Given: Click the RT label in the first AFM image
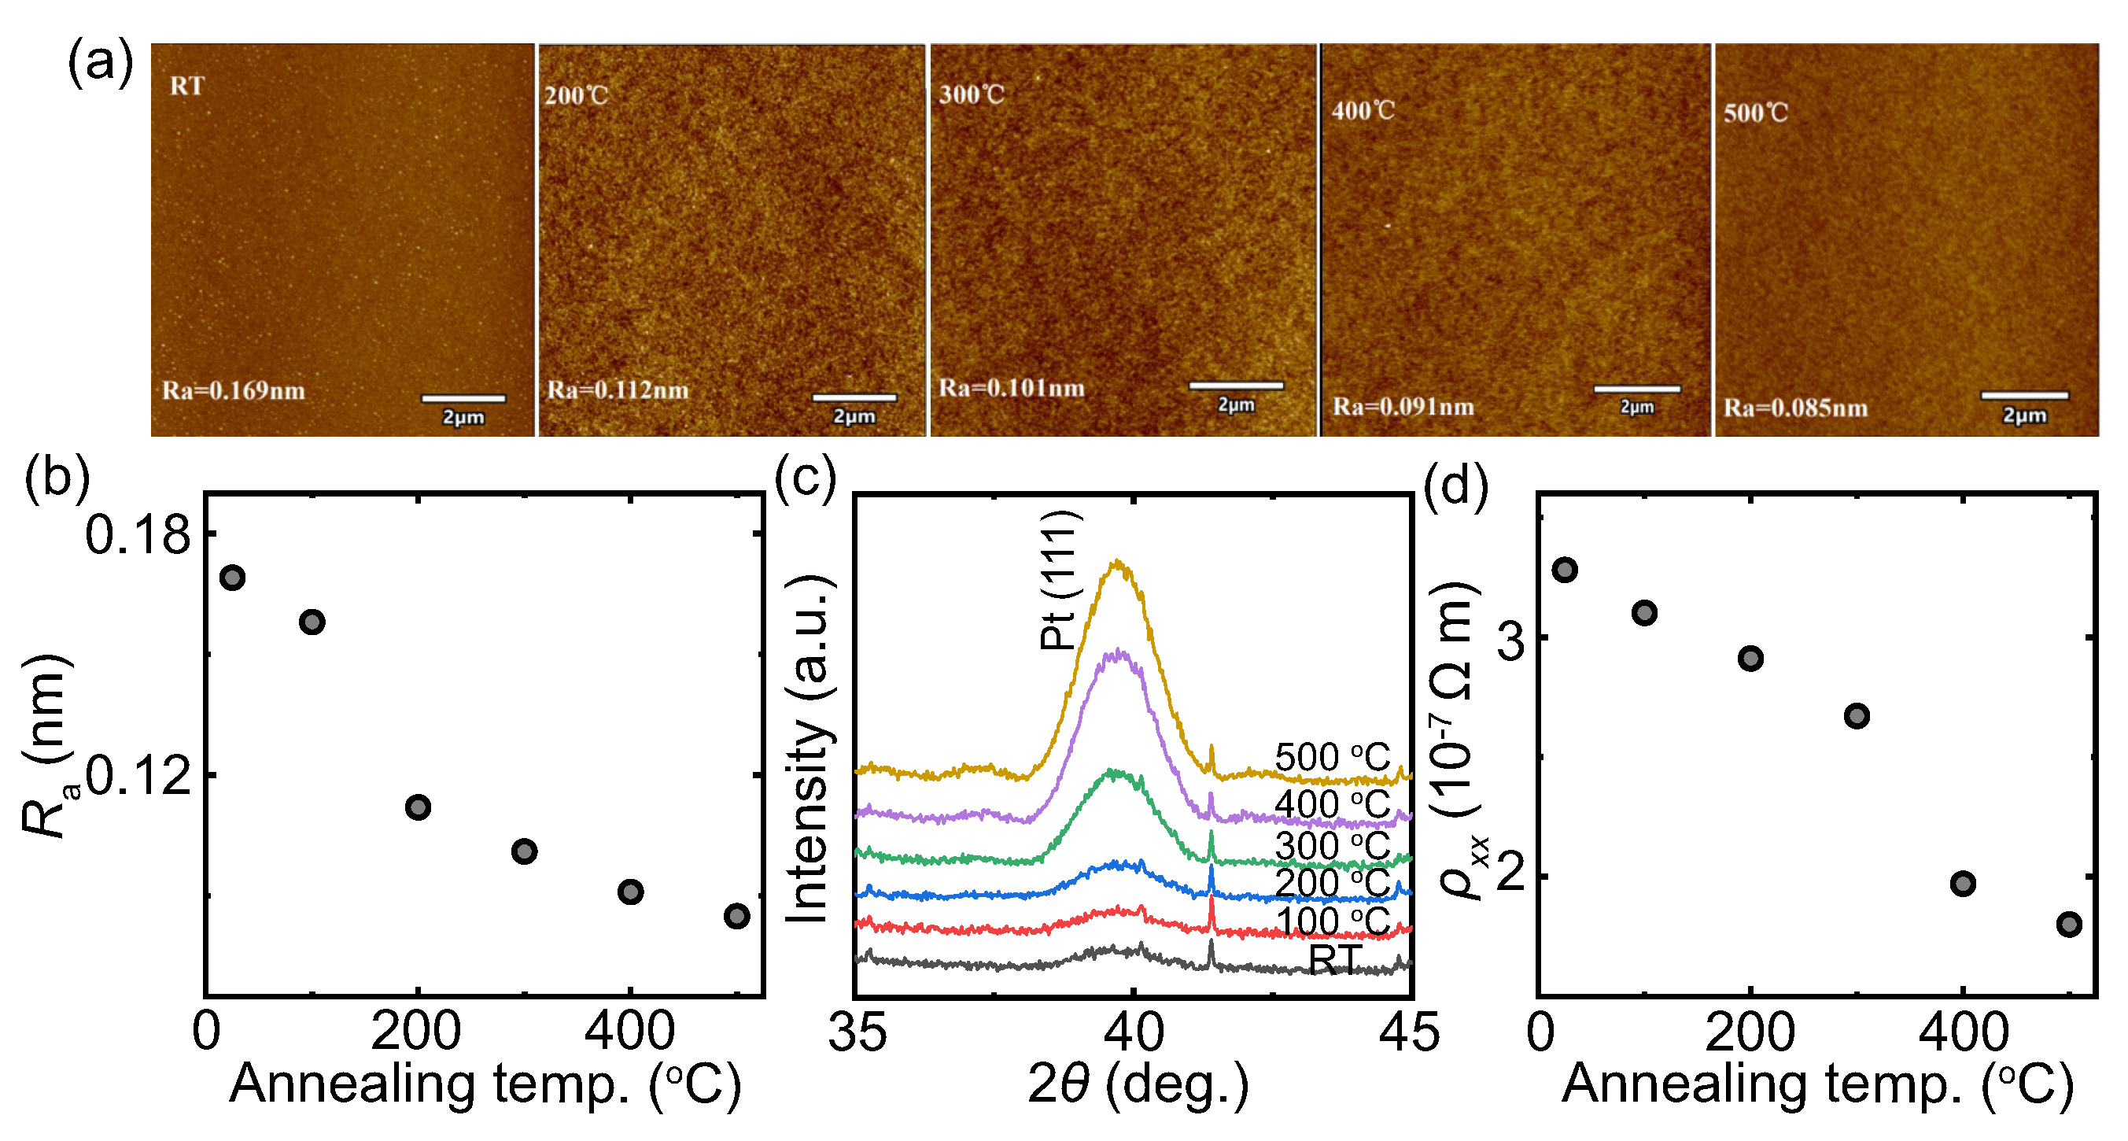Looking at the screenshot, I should tap(186, 86).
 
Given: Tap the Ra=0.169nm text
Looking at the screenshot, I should tap(233, 390).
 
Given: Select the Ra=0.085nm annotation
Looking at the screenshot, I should tap(1794, 408).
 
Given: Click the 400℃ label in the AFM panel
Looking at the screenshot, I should tap(1363, 111).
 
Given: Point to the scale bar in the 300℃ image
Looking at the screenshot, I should tap(1236, 385).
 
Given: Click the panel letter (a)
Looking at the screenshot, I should tap(99, 63).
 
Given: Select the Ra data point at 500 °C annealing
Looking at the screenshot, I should tap(736, 915).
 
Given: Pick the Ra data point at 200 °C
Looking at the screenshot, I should tap(418, 807).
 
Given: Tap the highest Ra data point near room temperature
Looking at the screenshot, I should tap(232, 578).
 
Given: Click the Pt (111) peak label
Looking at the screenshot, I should tap(1059, 581).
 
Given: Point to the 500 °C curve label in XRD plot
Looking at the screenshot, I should tap(1332, 757).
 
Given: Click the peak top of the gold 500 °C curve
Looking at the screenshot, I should tap(1119, 563).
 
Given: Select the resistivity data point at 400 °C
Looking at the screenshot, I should tap(1963, 883).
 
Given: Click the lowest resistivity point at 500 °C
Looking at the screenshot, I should tap(2068, 924).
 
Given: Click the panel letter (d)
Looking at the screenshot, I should tap(1455, 487).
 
